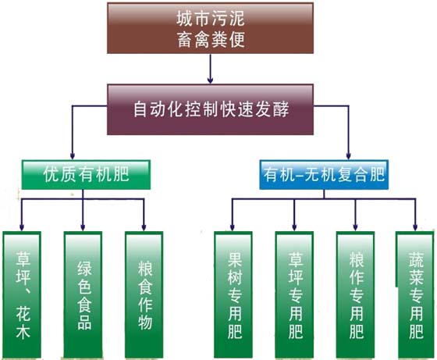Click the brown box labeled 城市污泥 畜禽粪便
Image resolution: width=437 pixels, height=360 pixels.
211,28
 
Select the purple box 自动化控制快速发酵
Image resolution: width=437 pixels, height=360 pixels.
211,109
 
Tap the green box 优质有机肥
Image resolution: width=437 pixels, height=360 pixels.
86,175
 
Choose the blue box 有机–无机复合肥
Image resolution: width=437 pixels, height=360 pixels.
324,175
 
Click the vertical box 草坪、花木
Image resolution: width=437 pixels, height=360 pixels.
22,294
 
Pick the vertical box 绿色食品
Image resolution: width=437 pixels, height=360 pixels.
83,294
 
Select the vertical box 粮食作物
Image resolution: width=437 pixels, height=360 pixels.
144,294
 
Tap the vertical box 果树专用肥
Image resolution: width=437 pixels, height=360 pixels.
233,294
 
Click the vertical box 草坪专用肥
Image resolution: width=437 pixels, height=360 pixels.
294,294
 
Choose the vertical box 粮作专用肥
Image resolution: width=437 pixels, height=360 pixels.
355,294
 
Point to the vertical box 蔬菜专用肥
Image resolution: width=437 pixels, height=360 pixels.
415,294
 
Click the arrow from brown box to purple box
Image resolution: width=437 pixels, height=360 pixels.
211,69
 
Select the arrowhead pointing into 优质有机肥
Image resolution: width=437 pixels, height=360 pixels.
73,156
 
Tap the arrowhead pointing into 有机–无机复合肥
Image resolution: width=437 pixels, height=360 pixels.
348,156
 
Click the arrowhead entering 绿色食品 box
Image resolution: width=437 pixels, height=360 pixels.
83,227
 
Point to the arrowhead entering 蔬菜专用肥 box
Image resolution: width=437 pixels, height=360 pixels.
415,227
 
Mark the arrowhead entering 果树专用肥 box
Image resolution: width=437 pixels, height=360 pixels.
233,227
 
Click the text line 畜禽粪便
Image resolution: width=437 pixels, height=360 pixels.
211,40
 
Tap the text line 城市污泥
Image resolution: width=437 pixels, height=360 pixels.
211,19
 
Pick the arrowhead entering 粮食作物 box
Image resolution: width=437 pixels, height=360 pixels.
144,227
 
